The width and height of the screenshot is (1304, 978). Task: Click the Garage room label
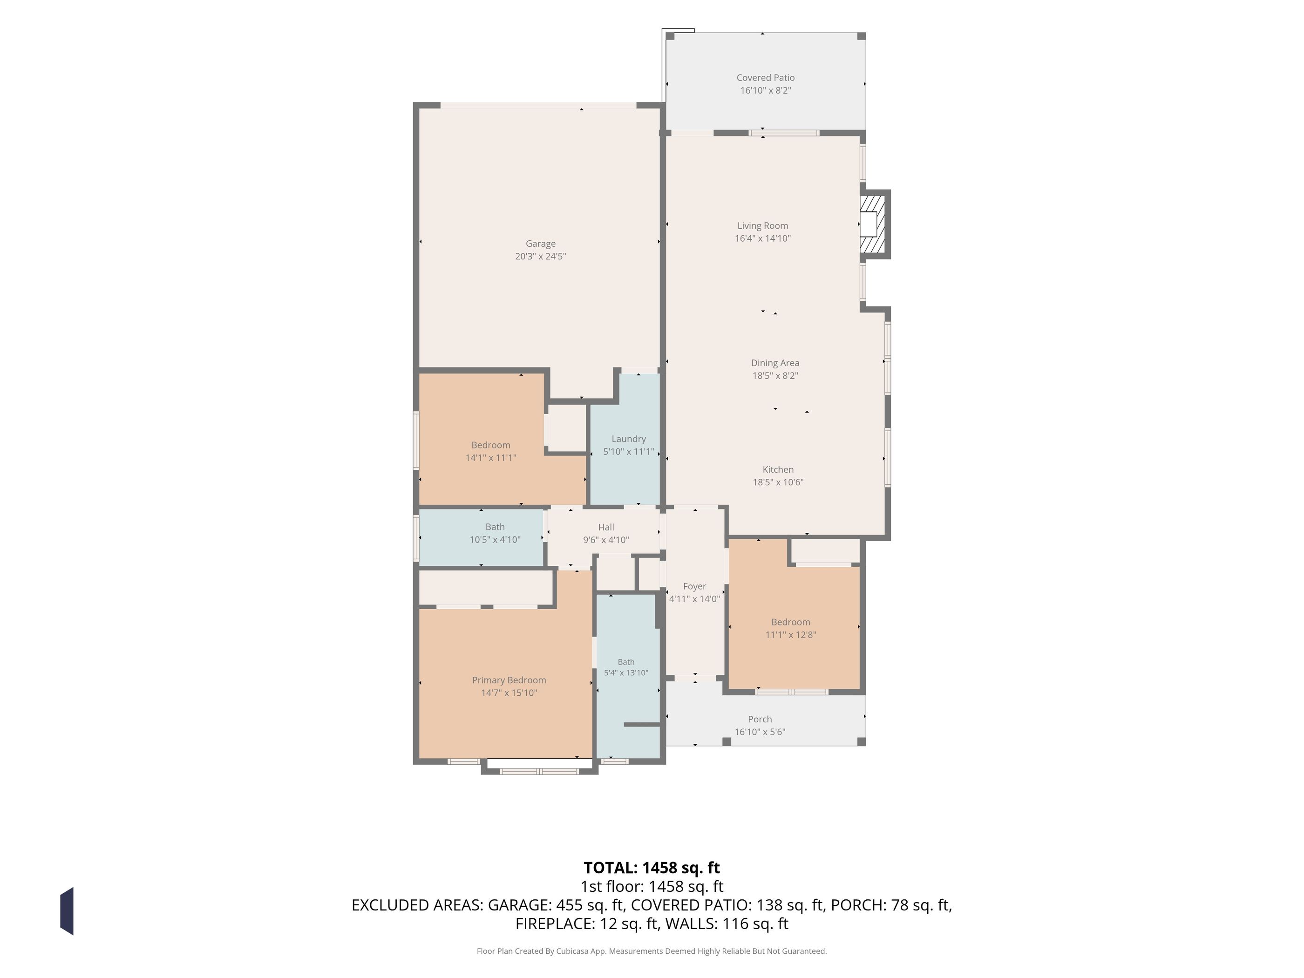tap(541, 244)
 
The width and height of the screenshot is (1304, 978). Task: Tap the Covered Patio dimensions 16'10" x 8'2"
tap(765, 91)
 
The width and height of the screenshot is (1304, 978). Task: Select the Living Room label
tap(762, 226)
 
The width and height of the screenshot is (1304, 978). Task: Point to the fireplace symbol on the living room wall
tap(874, 224)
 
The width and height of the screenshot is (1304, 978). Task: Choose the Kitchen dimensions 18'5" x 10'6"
tap(778, 482)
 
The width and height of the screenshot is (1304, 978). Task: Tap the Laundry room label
tap(628, 439)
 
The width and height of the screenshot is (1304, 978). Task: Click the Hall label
tap(606, 528)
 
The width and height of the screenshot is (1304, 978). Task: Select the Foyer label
tap(694, 586)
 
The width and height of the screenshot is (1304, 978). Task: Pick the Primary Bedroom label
tap(509, 680)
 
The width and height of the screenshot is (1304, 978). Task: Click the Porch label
tap(760, 719)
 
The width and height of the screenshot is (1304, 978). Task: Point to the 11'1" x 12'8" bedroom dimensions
tap(790, 635)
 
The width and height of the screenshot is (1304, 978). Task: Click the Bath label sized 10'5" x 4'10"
tap(495, 527)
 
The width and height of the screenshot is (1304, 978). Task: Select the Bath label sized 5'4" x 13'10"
tap(626, 662)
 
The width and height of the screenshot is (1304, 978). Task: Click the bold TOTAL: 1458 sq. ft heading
tap(652, 868)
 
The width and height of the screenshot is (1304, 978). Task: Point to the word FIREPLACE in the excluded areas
tap(554, 924)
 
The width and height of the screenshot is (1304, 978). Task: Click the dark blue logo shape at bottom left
tap(67, 911)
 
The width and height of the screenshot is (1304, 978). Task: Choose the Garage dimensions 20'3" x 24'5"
tap(541, 257)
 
